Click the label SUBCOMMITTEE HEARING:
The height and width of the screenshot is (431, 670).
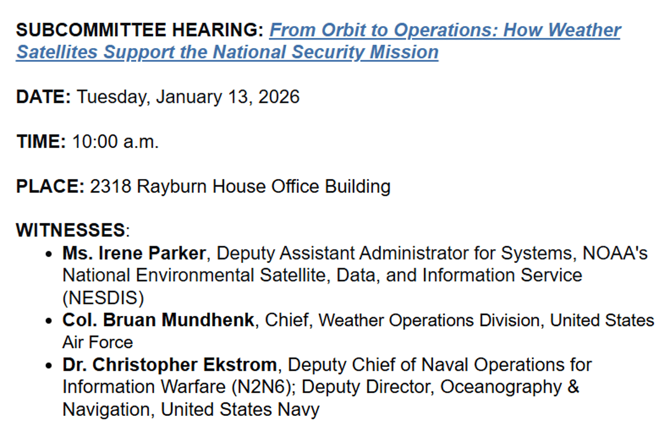[x=140, y=30]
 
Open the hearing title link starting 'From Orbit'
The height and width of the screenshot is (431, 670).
[x=444, y=30]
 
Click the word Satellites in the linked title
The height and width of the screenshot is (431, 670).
[x=57, y=52]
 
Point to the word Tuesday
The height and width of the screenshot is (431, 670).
[x=111, y=97]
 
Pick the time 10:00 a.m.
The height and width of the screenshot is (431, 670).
[x=116, y=142]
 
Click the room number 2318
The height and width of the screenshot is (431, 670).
[x=111, y=186]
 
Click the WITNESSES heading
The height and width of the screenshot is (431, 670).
[x=70, y=231]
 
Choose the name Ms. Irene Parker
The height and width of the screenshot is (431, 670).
[x=134, y=253]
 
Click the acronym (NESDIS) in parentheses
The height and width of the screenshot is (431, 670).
[x=103, y=298]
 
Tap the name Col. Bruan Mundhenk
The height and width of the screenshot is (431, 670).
[x=159, y=320]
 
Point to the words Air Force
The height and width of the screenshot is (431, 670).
[x=98, y=342]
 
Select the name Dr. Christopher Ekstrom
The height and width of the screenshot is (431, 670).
[x=169, y=365]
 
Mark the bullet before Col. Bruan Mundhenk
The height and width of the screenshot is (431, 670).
[x=50, y=321]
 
